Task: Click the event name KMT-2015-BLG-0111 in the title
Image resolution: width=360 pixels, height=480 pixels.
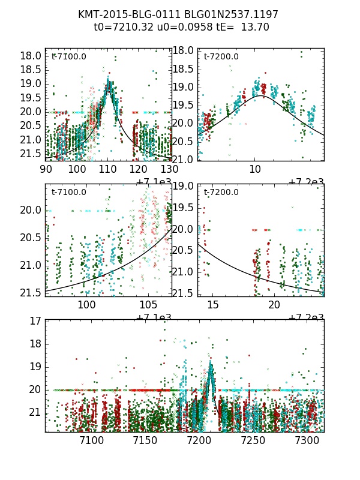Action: pyautogui.click(x=117, y=14)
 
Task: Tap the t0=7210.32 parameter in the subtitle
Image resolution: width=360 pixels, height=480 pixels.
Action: pyautogui.click(x=122, y=27)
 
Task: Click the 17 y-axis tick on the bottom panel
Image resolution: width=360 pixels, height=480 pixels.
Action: pyautogui.click(x=35, y=321)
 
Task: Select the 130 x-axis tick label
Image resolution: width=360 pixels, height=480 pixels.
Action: pyautogui.click(x=170, y=169)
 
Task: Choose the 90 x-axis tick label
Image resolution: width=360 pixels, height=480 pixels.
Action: pyautogui.click(x=46, y=169)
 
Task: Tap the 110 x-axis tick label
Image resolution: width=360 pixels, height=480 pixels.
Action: pyautogui.click(x=109, y=169)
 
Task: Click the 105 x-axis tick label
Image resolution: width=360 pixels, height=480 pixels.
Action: pyautogui.click(x=148, y=305)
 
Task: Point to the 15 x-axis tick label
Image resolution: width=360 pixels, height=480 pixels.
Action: pyautogui.click(x=212, y=305)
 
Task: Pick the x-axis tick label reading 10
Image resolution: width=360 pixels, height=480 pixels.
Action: pyautogui.click(x=255, y=169)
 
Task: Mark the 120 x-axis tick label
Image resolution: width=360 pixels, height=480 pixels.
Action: pyautogui.click(x=140, y=169)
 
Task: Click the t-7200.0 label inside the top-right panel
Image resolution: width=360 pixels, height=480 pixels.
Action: pyautogui.click(x=221, y=56)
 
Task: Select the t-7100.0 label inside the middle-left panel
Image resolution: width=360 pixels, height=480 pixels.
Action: pyautogui.click(x=69, y=192)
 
